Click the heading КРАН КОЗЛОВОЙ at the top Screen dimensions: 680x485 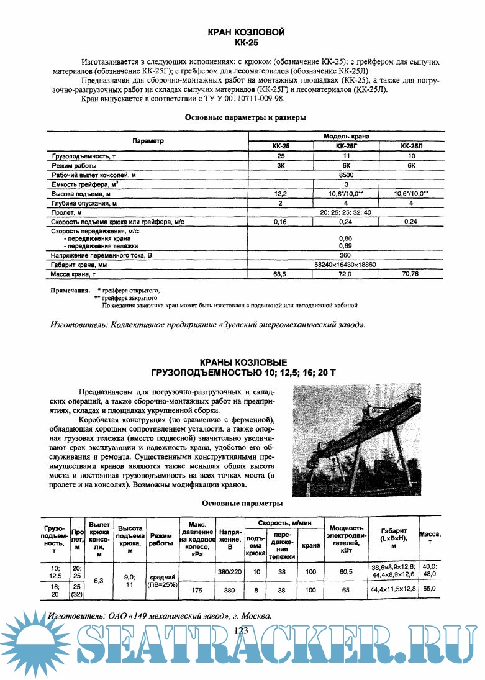(247, 33)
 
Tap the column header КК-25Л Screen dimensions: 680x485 (410, 146)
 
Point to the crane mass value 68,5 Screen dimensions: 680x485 (283, 273)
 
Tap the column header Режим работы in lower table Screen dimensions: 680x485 (161, 539)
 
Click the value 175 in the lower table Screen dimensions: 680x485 (196, 590)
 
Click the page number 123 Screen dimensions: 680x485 (242, 631)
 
